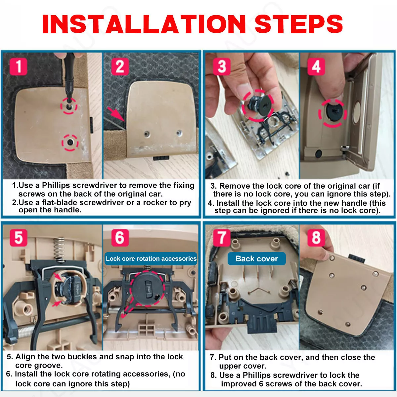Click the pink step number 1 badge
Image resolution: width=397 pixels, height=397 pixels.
click(19, 66)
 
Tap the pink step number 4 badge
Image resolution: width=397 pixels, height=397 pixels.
click(316, 66)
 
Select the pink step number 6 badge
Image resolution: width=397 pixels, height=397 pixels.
click(120, 238)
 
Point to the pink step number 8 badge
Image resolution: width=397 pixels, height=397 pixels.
click(316, 238)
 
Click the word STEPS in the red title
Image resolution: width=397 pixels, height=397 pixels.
click(299, 24)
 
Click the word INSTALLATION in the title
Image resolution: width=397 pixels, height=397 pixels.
click(144, 24)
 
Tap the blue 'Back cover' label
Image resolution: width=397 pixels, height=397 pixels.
click(256, 259)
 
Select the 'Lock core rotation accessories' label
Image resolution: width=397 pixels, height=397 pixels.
click(151, 259)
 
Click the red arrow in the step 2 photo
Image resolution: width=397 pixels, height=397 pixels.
click(116, 114)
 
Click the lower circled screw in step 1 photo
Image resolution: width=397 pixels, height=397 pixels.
click(70, 142)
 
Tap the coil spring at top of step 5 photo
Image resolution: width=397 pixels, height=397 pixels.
click(59, 249)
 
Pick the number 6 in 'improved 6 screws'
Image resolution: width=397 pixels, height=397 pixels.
click(261, 384)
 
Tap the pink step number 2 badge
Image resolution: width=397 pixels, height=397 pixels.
click(120, 66)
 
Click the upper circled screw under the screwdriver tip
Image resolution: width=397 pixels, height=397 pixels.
click(68, 106)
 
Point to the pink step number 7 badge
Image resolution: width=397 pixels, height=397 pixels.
click(222, 238)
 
